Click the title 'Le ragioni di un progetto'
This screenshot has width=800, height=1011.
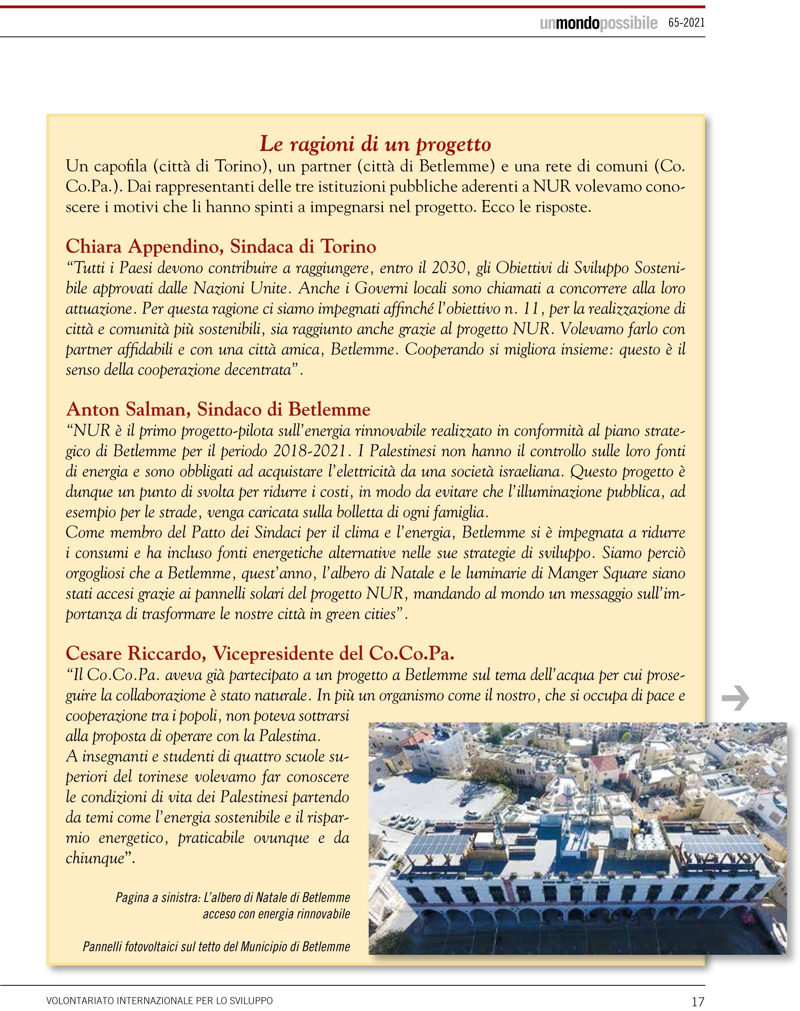tap(375, 144)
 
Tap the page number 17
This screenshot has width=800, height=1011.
tap(697, 1001)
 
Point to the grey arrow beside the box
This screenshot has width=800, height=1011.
tap(735, 698)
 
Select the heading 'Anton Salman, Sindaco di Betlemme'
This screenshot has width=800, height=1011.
tap(218, 409)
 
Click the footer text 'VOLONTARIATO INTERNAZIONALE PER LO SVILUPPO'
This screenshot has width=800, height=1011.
tap(159, 1001)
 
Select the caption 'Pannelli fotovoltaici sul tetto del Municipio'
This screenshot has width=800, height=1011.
tap(216, 947)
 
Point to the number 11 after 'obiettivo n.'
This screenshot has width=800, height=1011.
tap(531, 309)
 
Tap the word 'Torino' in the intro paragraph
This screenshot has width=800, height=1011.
tap(238, 166)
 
